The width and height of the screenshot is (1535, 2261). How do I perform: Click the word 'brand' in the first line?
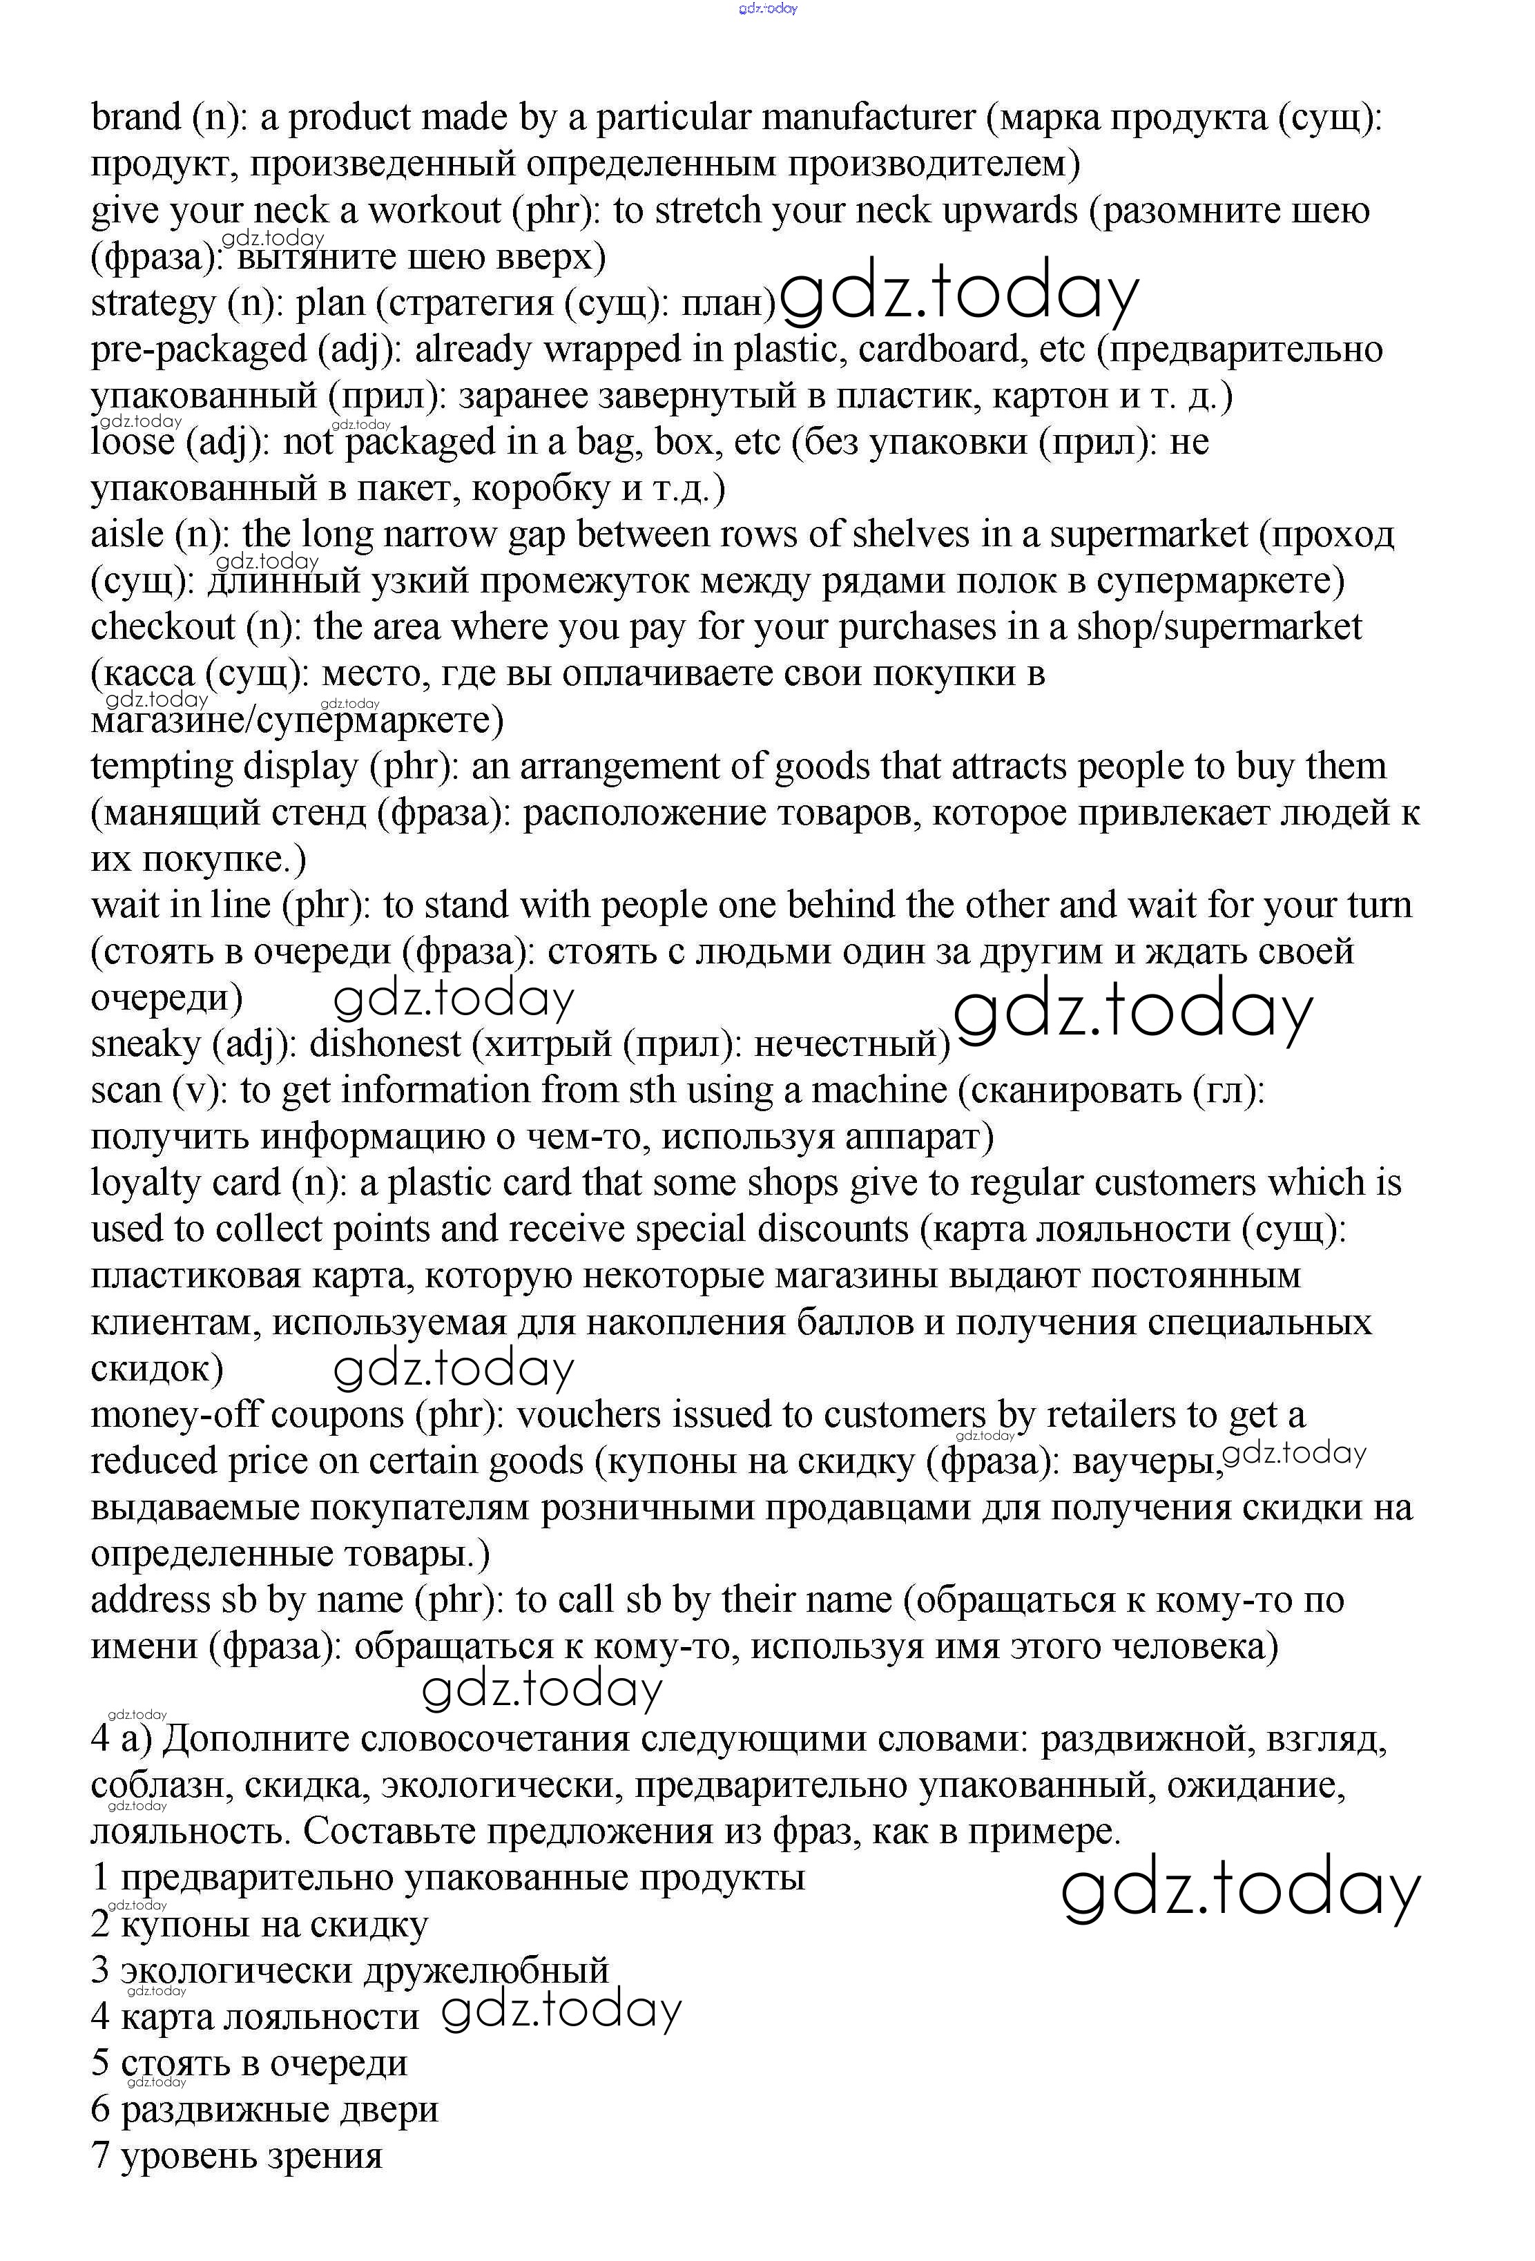136,117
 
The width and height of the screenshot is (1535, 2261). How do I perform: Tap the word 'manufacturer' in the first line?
868,117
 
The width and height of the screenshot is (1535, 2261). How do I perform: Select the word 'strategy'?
153,304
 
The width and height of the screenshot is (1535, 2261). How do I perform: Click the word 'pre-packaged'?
198,349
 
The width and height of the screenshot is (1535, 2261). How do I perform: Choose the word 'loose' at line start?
133,443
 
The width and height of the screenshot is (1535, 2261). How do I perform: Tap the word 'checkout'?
162,628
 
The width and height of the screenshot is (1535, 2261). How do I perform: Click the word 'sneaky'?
145,1045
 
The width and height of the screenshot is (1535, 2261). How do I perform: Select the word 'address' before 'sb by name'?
149,1600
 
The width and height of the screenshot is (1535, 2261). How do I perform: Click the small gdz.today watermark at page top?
768,9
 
